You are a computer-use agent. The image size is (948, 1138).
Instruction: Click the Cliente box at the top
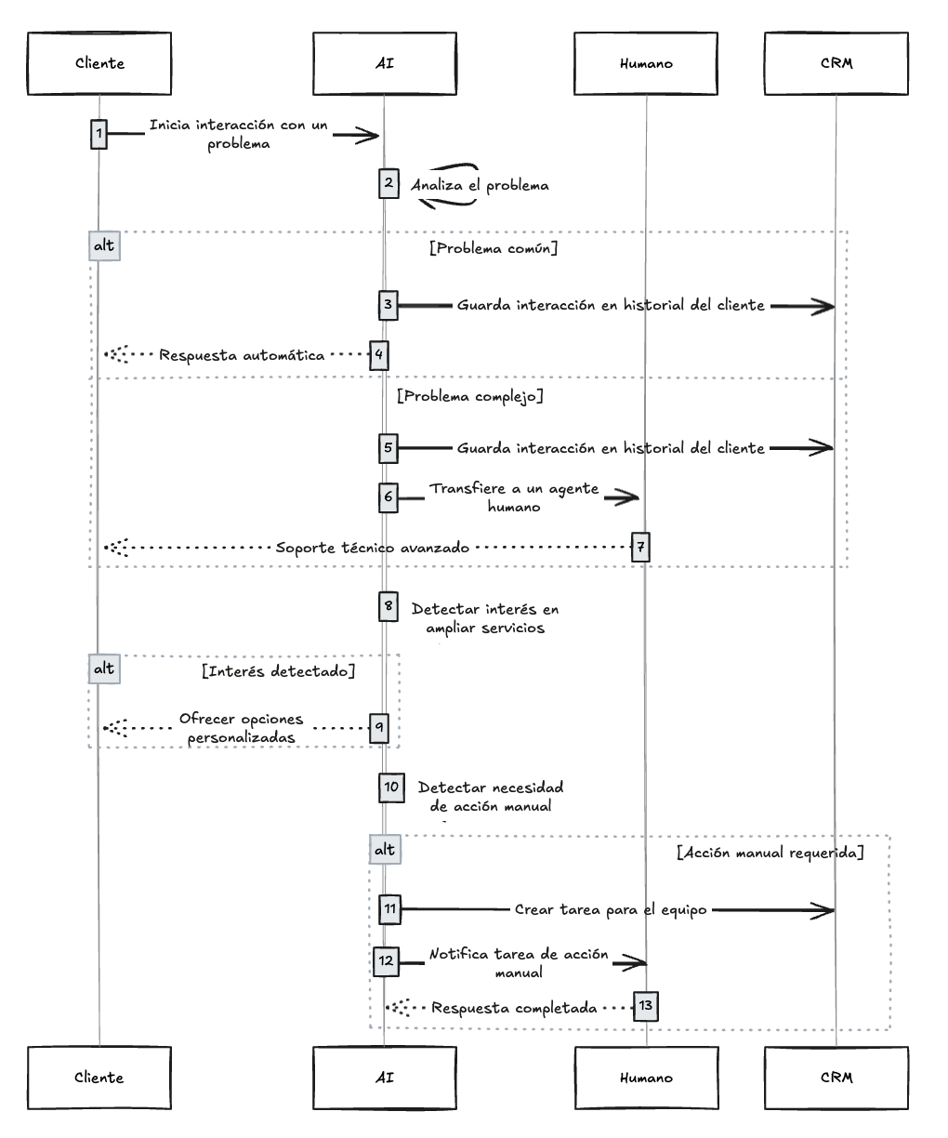click(x=99, y=63)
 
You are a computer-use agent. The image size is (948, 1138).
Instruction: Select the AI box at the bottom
click(x=385, y=1077)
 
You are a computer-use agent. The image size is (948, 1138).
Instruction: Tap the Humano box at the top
click(x=646, y=63)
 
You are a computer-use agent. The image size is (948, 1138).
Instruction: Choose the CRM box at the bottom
click(x=836, y=1077)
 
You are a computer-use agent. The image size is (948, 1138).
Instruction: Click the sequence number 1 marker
click(x=99, y=134)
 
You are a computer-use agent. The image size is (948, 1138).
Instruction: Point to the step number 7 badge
click(x=640, y=547)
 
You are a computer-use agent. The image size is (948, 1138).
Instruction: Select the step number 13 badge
click(x=646, y=1006)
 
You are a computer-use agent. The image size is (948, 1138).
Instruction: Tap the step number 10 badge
click(x=391, y=787)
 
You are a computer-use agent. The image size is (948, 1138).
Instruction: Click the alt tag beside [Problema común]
click(x=105, y=245)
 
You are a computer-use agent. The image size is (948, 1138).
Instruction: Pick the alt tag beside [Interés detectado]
click(x=105, y=668)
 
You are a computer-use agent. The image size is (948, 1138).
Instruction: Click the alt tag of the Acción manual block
click(x=385, y=849)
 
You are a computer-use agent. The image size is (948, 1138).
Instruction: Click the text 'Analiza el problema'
click(x=480, y=186)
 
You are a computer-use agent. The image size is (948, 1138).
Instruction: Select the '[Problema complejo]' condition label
click(x=470, y=396)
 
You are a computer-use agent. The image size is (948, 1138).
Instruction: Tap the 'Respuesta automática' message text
click(x=242, y=355)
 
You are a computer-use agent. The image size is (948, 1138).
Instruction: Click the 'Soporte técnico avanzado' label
click(x=372, y=548)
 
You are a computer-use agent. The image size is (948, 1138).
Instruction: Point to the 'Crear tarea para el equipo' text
click(x=611, y=909)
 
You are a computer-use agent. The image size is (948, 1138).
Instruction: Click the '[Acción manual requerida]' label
click(x=770, y=853)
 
